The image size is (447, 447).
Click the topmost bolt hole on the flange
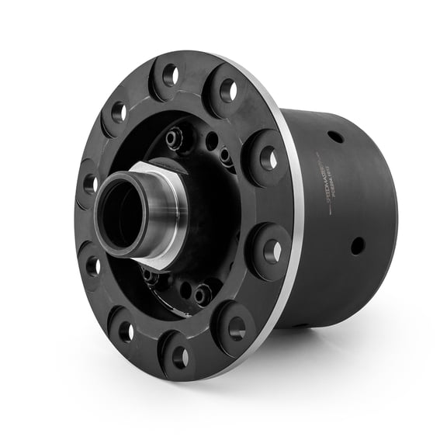coord(170,75)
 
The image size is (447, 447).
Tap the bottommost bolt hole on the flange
coord(179,358)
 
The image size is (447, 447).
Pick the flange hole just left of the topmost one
coord(119,112)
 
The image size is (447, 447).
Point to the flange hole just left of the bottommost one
coord(126,331)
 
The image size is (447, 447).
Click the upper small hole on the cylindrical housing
coord(335,137)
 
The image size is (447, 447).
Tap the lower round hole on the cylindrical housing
coord(357,245)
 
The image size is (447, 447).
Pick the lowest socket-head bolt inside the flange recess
coord(203,294)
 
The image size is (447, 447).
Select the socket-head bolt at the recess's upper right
coord(225,156)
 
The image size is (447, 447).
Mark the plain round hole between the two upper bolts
coord(211,143)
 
